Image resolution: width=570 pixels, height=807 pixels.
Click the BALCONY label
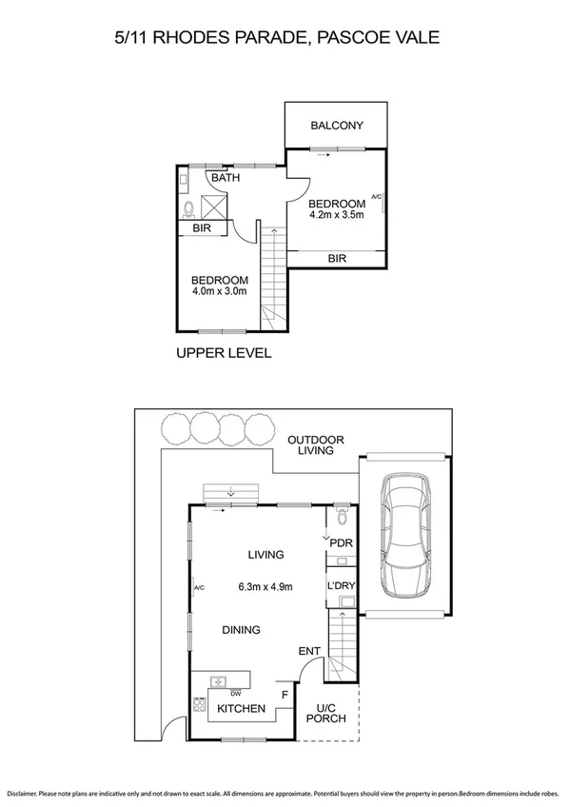(x=336, y=126)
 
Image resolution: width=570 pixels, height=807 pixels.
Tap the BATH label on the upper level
(x=226, y=178)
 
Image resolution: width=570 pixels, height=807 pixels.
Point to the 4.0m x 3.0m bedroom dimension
(x=219, y=291)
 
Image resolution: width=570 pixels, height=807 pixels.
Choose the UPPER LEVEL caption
(x=224, y=353)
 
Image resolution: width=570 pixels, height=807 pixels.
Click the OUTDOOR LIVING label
(x=315, y=445)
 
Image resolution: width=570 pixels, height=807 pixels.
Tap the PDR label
(x=342, y=545)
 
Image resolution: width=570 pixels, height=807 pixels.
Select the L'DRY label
(x=342, y=585)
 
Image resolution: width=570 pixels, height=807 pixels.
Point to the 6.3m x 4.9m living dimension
(x=265, y=586)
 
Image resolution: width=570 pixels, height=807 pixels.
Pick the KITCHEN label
(x=242, y=709)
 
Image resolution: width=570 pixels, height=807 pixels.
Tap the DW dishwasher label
(x=234, y=693)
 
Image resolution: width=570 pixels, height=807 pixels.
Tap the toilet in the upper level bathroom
(x=188, y=207)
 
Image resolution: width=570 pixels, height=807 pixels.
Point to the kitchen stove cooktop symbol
(x=200, y=705)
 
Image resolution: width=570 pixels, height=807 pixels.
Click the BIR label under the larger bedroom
(x=337, y=258)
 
